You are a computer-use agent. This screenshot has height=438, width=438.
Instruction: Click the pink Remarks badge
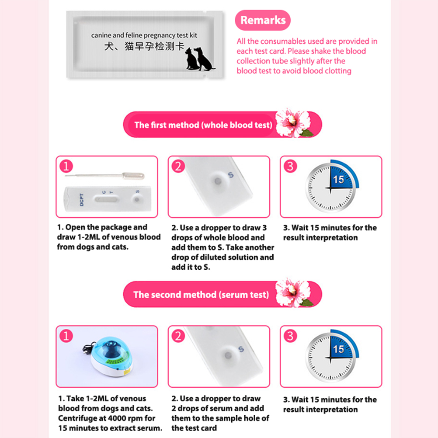point(263,20)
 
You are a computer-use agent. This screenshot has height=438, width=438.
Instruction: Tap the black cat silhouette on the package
point(191,59)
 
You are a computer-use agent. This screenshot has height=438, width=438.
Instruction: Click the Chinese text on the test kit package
point(144,46)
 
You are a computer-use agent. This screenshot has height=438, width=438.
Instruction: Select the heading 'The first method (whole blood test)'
point(203,125)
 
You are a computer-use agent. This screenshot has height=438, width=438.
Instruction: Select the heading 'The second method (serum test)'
point(201,295)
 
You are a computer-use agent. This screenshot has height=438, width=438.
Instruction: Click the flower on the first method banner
point(293,123)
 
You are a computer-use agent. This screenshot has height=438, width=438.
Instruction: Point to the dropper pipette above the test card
point(106,176)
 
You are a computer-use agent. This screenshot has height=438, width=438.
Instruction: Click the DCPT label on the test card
point(82,200)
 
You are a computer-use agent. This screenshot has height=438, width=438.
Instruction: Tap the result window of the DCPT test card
point(106,199)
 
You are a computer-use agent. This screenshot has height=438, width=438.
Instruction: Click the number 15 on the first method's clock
point(338,180)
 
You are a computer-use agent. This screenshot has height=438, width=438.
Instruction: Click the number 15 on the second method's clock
point(338,349)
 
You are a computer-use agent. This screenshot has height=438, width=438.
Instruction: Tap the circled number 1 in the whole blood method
point(66,166)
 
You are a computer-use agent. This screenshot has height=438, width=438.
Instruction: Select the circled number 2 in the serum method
point(178,336)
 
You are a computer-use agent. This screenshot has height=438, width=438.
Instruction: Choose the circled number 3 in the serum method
point(290,336)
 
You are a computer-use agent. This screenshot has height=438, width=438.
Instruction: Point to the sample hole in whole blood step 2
point(218,181)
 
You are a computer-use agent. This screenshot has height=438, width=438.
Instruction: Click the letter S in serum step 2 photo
point(241,349)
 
